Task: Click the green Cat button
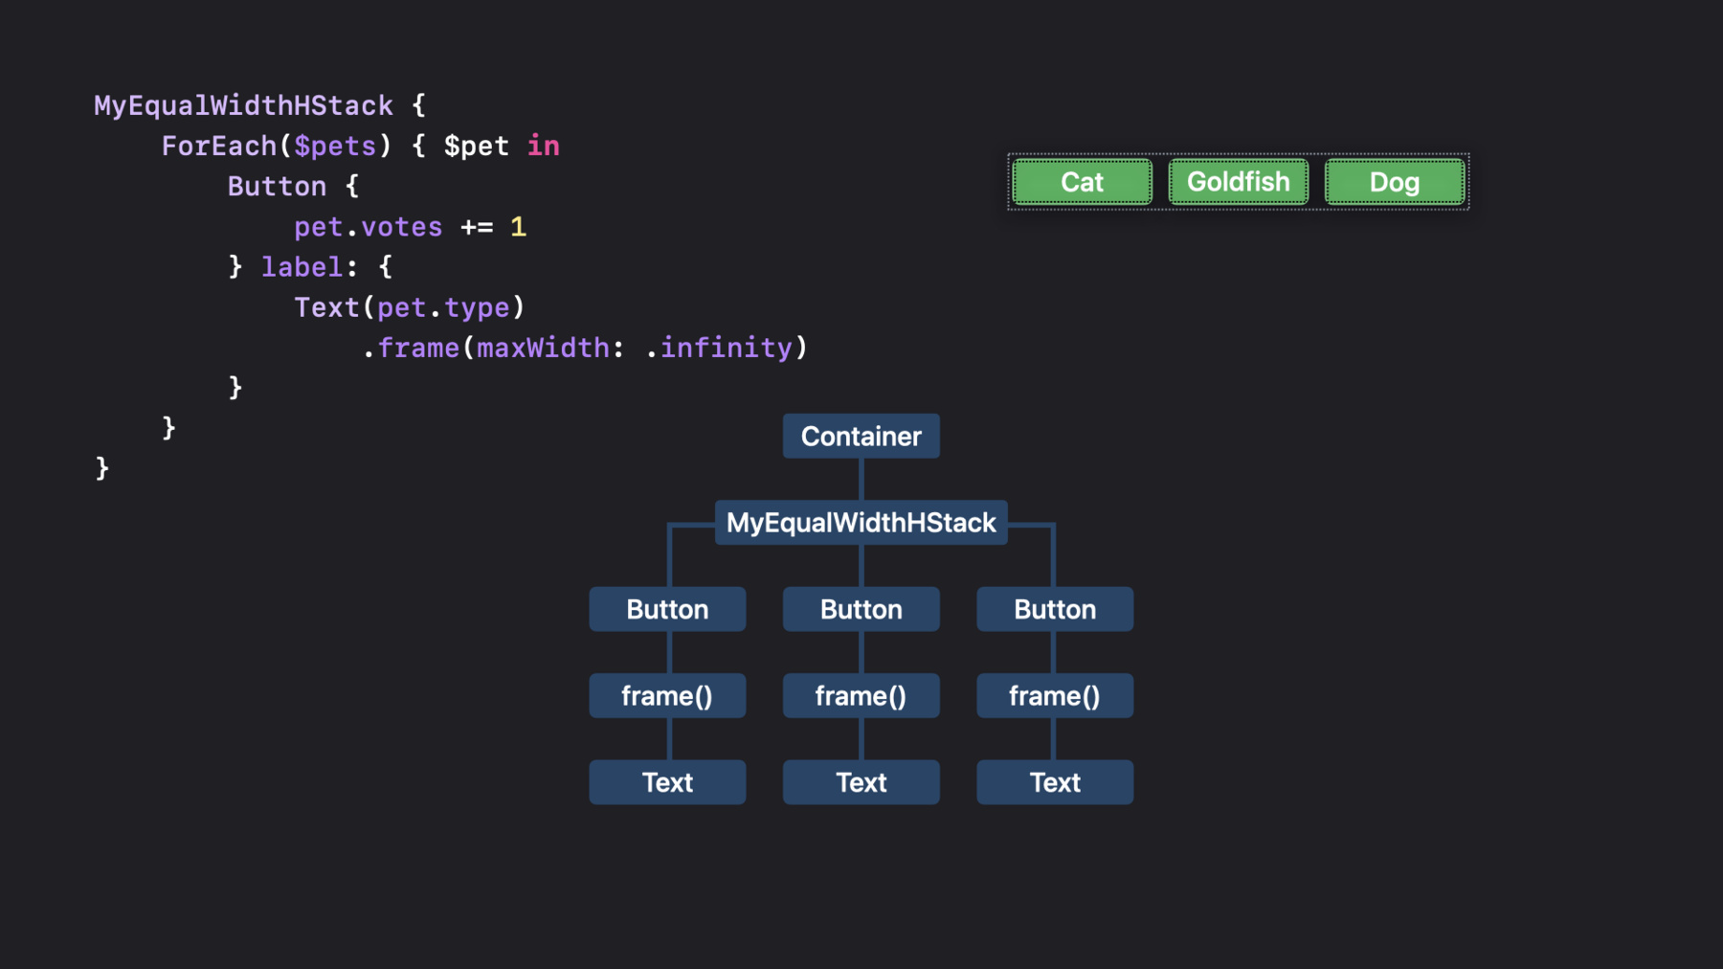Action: coord(1082,182)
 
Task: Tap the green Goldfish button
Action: coord(1238,182)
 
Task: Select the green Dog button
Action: coord(1394,182)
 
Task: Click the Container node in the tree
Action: coord(861,437)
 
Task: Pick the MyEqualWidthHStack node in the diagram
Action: coord(861,523)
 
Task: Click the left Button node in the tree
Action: coord(667,609)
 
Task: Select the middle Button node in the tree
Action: coord(861,609)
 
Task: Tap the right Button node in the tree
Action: coord(1055,609)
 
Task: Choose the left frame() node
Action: coord(667,696)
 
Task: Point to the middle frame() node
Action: coord(861,696)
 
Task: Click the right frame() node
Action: coord(1055,696)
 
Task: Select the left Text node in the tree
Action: coord(667,782)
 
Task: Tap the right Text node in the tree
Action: coord(1055,782)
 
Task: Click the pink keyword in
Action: coord(544,146)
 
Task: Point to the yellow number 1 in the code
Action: coord(518,227)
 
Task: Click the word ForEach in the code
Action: coord(219,146)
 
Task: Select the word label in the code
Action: coord(302,266)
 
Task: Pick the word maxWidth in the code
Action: coord(543,348)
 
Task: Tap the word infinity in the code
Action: coord(727,348)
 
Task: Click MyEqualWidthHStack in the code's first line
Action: coord(243,105)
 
